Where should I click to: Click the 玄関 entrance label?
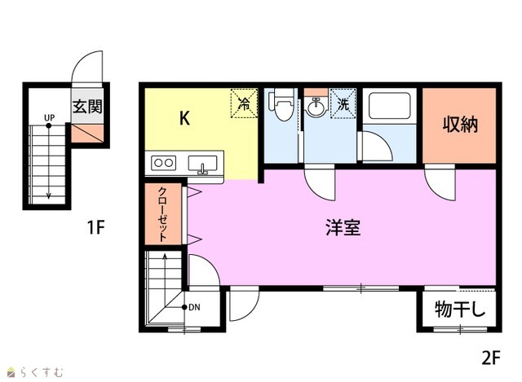click(87, 107)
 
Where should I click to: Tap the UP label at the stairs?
click(49, 117)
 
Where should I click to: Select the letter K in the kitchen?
click(185, 117)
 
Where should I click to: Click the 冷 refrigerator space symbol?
click(245, 103)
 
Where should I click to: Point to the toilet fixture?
click(282, 104)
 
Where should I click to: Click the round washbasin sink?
click(316, 107)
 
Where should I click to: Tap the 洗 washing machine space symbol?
click(343, 103)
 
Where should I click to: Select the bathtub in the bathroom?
click(389, 106)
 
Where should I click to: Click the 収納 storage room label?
click(460, 125)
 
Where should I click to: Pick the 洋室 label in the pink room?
click(343, 227)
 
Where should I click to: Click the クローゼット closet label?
click(162, 214)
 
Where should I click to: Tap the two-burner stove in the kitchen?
click(163, 163)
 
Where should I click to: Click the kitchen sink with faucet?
click(202, 165)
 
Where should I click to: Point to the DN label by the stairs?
click(194, 308)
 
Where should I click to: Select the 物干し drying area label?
click(460, 310)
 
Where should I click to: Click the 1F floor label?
click(95, 227)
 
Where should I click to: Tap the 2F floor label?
click(491, 358)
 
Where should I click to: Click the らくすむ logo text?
click(42, 372)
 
